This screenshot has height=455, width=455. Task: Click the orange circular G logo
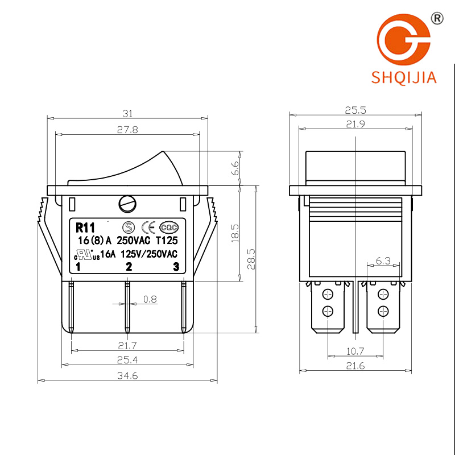pos(403,39)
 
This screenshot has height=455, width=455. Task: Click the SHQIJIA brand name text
pos(404,77)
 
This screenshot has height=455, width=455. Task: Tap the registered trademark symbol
pos(437,18)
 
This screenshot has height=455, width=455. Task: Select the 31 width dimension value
pos(127,113)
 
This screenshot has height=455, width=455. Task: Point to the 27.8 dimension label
pos(127,130)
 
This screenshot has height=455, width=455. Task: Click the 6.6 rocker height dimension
pos(235,168)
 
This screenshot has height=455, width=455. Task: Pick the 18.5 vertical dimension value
pos(235,233)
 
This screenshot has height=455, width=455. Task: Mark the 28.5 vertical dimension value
pos(251,259)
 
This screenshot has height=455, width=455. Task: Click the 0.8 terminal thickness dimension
pos(150,299)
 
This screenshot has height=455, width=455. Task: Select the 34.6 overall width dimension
pos(127,376)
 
